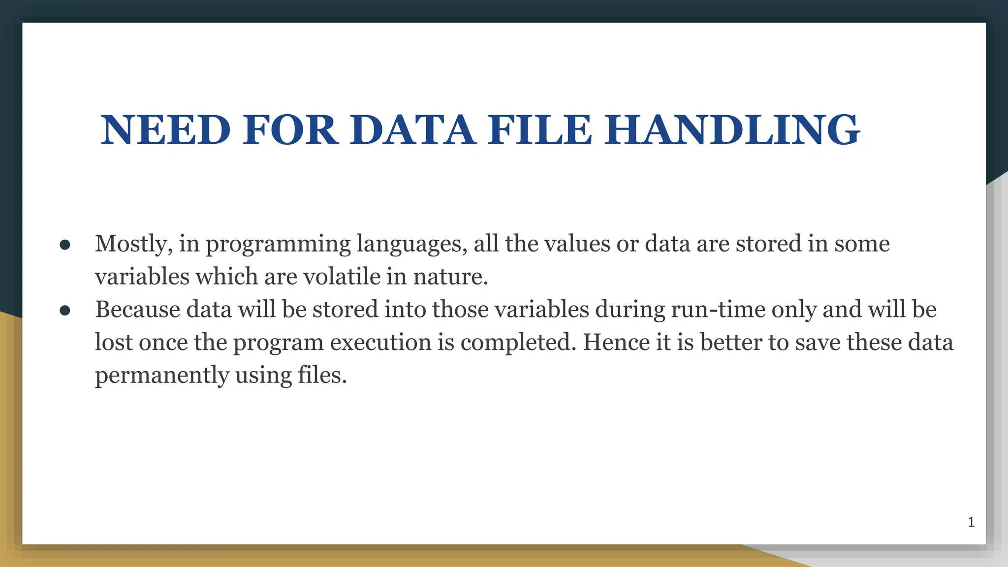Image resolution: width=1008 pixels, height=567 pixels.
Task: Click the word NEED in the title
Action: click(x=166, y=130)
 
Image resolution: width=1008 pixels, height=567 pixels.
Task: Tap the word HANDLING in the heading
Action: click(x=732, y=130)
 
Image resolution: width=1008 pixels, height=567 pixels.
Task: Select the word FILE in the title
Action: click(x=539, y=130)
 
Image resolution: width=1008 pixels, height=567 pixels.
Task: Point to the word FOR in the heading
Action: click(x=290, y=130)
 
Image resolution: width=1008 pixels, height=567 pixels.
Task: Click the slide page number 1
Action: click(x=971, y=522)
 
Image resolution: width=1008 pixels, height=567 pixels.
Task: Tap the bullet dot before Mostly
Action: click(x=65, y=245)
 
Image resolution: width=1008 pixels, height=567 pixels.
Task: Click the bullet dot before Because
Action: click(x=65, y=311)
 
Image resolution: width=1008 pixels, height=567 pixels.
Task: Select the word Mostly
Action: click(x=133, y=244)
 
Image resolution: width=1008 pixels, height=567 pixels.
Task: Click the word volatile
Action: click(x=342, y=277)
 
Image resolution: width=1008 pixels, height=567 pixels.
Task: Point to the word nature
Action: click(x=450, y=277)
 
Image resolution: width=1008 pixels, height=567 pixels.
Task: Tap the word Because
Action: click(x=138, y=310)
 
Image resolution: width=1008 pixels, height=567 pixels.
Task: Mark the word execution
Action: click(x=380, y=343)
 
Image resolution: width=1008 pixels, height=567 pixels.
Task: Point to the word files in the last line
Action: click(x=322, y=376)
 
